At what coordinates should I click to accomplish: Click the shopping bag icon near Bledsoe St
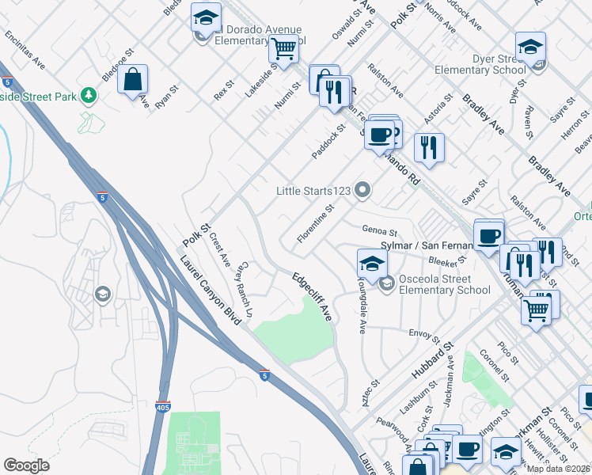pos(133,80)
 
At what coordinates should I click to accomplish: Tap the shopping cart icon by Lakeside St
pos(283,49)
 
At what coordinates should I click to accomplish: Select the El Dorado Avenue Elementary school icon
pos(207,17)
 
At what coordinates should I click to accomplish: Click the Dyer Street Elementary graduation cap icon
pos(530,47)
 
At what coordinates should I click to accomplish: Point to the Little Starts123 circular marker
pos(363,190)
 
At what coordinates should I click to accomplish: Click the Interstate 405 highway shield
pos(161,406)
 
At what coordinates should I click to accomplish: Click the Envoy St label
pos(422,332)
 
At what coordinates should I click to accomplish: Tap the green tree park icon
pos(89,96)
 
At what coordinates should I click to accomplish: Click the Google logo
pos(27,465)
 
